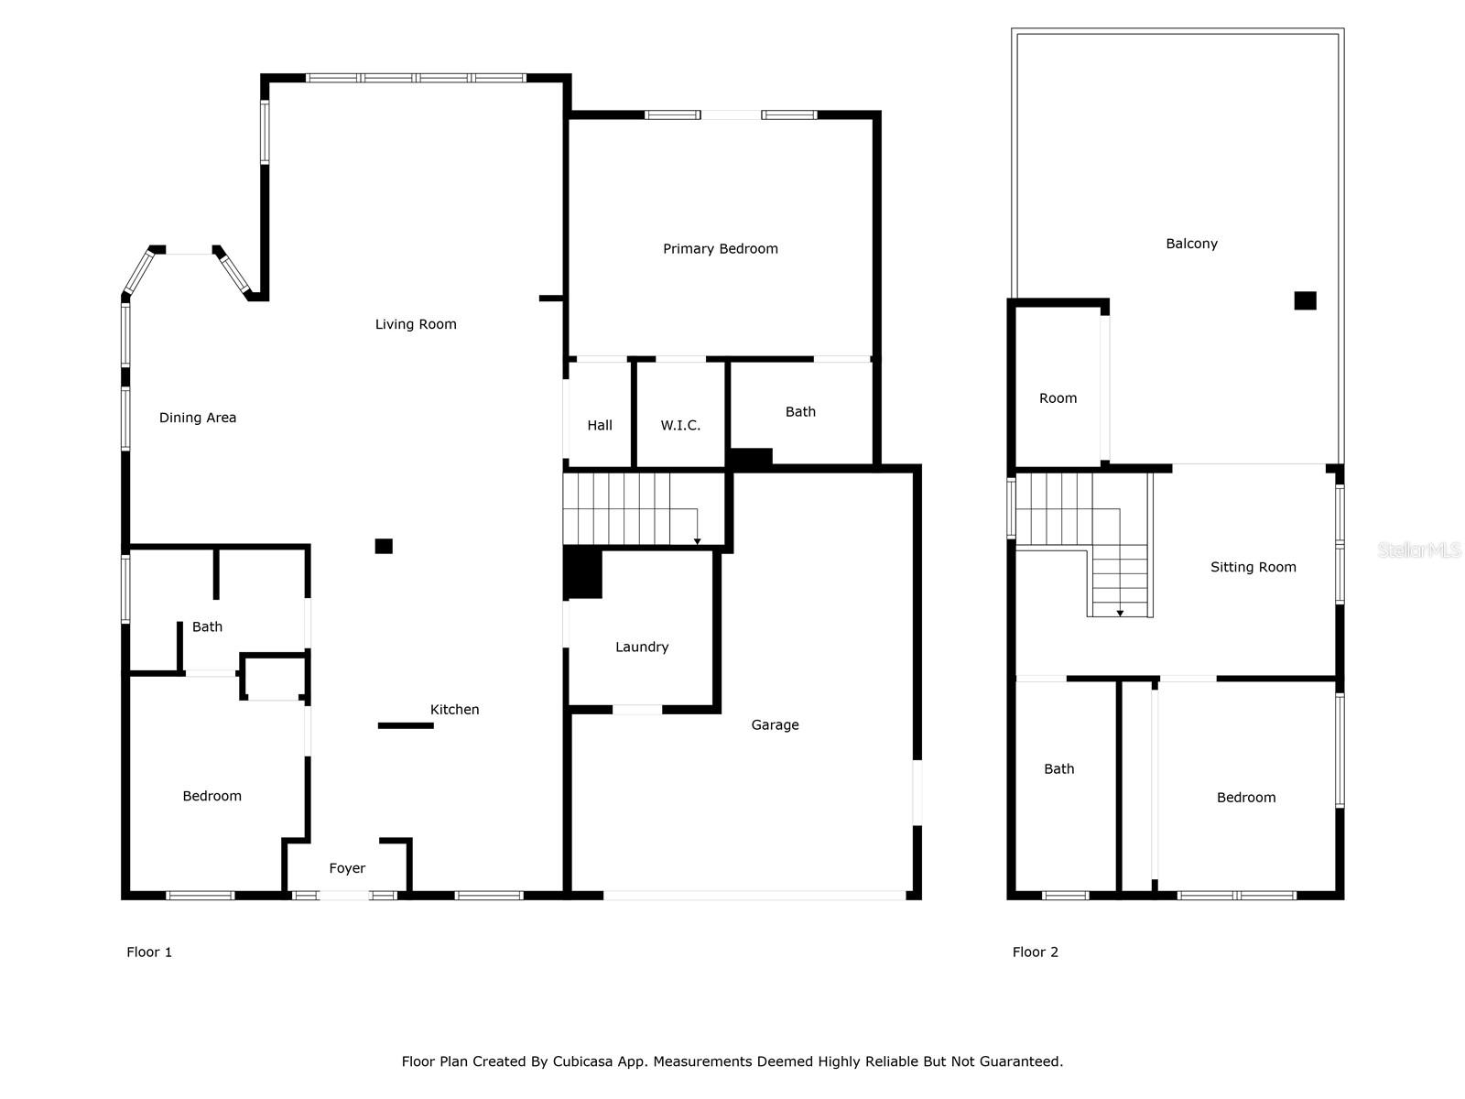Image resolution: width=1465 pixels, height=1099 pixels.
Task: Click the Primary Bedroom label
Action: tap(720, 249)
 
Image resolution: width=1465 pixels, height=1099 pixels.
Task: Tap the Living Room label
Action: tap(416, 324)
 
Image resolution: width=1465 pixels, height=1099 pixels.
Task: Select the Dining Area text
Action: tap(198, 418)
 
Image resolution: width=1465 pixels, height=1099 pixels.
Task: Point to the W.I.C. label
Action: tap(680, 426)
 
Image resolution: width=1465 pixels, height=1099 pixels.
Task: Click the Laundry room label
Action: tap(642, 647)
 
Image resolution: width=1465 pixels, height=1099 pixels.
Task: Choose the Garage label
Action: tap(775, 725)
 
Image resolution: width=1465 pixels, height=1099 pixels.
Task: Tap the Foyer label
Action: tap(347, 868)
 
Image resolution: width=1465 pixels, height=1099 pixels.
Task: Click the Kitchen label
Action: tap(454, 710)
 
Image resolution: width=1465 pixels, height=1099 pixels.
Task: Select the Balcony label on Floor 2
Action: tap(1191, 244)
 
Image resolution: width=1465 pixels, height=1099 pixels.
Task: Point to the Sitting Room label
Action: tap(1253, 568)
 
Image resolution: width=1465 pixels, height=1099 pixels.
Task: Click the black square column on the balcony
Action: tap(1305, 300)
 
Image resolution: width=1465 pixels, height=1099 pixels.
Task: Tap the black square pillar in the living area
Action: tap(384, 546)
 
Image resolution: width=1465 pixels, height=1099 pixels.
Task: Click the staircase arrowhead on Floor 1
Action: tap(698, 542)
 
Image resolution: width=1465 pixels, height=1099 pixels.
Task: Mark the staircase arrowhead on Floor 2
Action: tap(1120, 613)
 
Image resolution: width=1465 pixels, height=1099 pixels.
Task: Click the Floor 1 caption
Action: tap(149, 952)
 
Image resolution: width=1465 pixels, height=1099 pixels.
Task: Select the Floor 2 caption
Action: tap(1035, 952)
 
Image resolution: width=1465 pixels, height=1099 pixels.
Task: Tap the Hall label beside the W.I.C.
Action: tap(600, 426)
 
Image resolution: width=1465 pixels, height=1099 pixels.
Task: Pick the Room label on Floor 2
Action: tap(1058, 398)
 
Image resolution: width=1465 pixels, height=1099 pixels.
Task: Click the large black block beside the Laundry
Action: tap(582, 572)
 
